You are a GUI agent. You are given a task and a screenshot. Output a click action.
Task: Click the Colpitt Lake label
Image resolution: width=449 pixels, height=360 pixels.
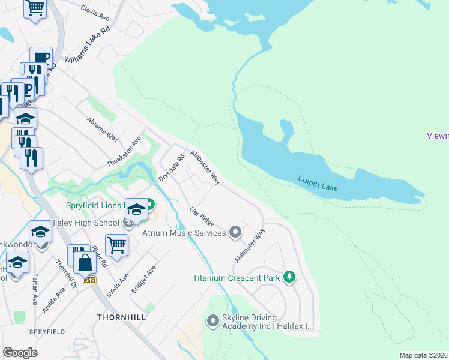pos(318,184)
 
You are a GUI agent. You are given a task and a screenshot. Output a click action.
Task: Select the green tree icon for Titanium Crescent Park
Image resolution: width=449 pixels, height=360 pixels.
pos(290,277)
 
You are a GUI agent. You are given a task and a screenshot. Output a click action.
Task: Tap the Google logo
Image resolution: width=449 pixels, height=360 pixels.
pos(20,353)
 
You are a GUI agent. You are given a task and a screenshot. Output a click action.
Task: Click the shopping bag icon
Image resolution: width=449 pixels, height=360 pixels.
pos(86,262)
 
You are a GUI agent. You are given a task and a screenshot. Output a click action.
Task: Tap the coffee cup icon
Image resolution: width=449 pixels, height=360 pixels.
pos(41,58)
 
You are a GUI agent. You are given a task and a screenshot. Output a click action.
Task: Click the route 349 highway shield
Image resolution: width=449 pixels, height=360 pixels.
pos(89,280)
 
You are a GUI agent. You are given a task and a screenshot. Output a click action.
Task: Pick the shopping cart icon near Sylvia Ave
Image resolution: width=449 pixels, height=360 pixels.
pos(116,244)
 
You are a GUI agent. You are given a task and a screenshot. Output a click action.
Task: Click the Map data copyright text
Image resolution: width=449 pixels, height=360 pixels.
pos(424,355)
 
